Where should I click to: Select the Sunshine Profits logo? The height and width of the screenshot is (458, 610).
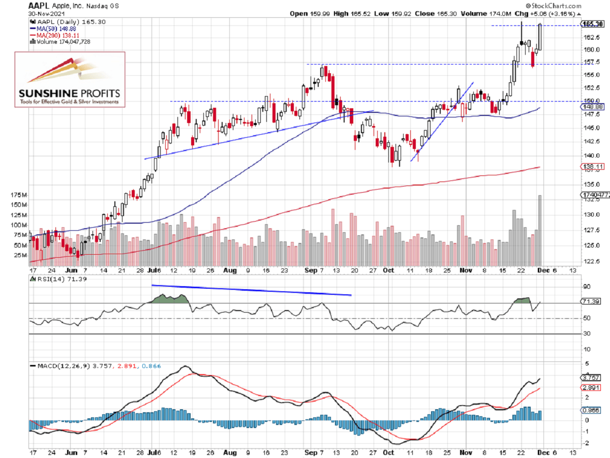click(70, 79)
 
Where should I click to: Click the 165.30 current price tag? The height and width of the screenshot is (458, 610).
click(592, 24)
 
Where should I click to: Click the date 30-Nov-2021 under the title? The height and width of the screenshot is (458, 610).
click(43, 14)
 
